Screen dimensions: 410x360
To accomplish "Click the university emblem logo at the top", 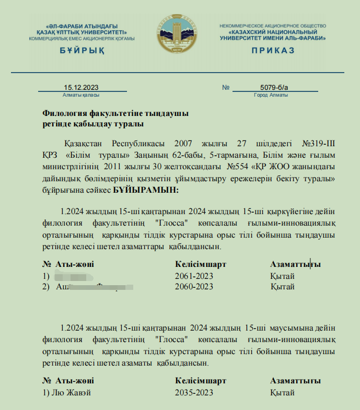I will tap(179, 34).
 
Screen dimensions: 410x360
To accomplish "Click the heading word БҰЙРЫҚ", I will tap(82, 51).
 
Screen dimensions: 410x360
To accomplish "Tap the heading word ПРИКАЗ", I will tap(273, 51).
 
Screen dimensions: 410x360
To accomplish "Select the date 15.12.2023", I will tap(81, 87).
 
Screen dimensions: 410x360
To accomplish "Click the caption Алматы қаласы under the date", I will tap(81, 95).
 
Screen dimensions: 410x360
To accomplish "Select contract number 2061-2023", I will tap(194, 276).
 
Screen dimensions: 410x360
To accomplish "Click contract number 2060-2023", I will tap(194, 286).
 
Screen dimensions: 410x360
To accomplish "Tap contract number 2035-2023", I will tap(194, 392).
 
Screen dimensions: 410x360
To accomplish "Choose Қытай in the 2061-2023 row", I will tap(282, 276).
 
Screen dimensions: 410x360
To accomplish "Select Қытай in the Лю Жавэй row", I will tap(282, 392).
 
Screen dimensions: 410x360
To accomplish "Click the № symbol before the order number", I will tap(226, 87).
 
